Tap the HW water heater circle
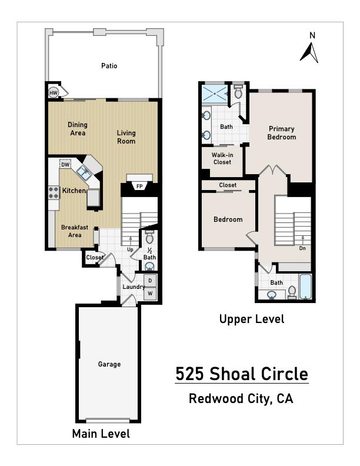(x=54, y=93)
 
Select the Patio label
(x=109, y=66)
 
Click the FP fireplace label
(x=139, y=187)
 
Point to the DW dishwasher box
(x=65, y=164)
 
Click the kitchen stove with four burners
(x=53, y=191)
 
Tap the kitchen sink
(x=83, y=172)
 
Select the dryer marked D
(x=150, y=281)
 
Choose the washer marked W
(x=150, y=294)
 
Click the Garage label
(x=109, y=364)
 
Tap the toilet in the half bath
(x=149, y=238)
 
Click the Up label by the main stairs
(x=131, y=249)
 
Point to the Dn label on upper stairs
(x=302, y=248)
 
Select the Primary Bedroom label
(x=281, y=133)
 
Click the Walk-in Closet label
(x=222, y=158)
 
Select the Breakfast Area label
(x=75, y=231)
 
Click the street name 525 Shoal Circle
(x=241, y=374)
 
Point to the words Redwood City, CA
(x=241, y=398)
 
